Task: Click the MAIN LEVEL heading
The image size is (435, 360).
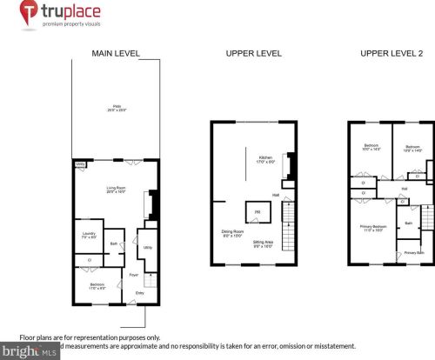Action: [116, 54]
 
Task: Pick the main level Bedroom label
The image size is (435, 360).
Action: [98, 285]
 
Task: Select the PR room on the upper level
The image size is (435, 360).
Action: [258, 212]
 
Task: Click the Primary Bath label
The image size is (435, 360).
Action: [413, 252]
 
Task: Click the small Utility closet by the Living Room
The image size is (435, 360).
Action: [79, 163]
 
